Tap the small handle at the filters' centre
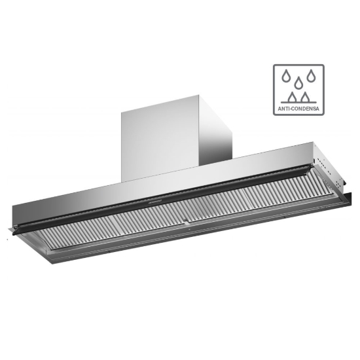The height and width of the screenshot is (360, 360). click(x=188, y=226)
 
